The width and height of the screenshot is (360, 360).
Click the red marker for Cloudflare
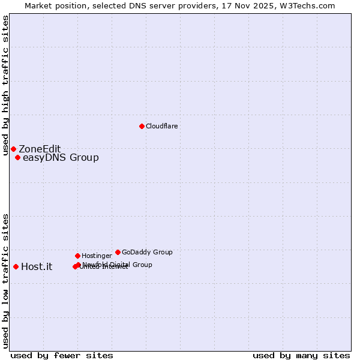coord(142,126)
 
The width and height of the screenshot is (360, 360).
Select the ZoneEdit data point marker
coord(13,149)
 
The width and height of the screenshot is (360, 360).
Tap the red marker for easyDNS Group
coord(17,158)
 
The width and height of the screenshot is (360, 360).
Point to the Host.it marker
coord(16,266)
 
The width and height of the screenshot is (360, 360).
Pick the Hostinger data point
coord(77,256)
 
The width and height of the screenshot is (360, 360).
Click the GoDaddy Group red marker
coord(118,252)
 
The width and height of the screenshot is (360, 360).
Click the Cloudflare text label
coord(161,126)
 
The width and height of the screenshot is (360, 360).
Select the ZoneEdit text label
coord(40,149)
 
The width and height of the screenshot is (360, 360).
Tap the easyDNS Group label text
coord(61,158)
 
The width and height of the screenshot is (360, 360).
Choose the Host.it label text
coord(37,266)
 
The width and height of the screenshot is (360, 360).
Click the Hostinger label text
coord(97,256)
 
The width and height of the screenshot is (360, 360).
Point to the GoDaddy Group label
coord(147,252)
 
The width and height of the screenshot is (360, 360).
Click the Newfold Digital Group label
coord(118,264)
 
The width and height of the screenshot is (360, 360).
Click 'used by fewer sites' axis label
coord(62,355)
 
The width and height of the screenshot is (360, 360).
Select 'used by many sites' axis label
coord(301,355)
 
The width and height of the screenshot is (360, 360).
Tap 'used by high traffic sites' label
coord(6,85)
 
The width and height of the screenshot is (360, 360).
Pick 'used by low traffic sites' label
coord(6,280)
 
